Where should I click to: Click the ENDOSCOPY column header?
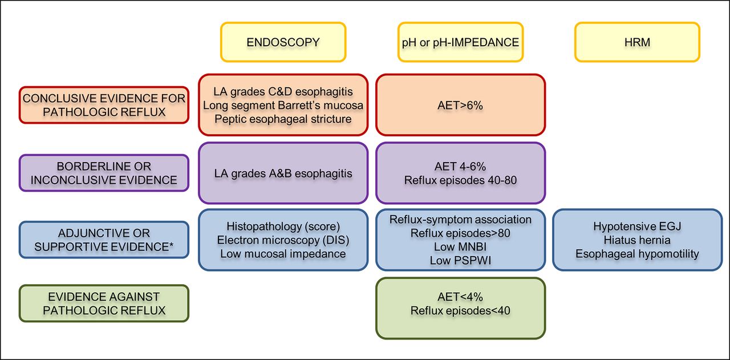283,42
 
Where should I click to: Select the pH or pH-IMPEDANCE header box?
460,42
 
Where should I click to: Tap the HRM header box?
637,42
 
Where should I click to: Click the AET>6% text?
460,106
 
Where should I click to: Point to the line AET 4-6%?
460,167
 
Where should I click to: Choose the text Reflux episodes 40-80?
460,180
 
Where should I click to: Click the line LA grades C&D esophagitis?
283,92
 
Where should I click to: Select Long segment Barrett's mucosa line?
283,106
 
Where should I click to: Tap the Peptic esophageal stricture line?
283,119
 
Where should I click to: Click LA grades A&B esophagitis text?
283,173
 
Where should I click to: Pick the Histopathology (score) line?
283,226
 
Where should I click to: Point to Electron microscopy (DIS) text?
283,240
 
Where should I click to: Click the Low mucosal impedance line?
283,254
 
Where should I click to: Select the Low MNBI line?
460,247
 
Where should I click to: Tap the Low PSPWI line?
460,261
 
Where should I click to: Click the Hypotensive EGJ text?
637,226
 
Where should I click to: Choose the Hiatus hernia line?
637,240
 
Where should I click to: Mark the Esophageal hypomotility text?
637,254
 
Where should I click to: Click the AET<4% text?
460,297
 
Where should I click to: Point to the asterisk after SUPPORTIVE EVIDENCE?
171,245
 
